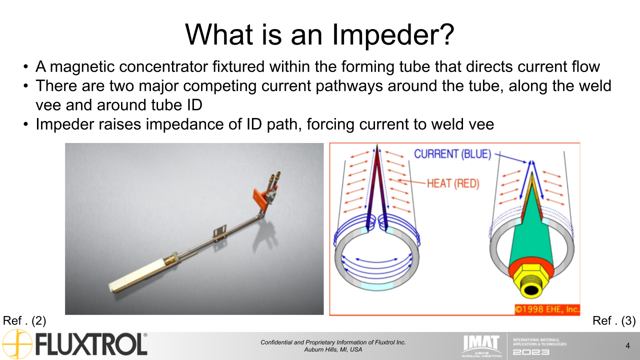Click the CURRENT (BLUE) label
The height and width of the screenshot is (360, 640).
click(x=452, y=154)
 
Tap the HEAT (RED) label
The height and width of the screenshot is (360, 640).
click(x=453, y=183)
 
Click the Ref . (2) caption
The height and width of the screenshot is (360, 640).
click(x=24, y=321)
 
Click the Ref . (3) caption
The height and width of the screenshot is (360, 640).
click(x=613, y=321)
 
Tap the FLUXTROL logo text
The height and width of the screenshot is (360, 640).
click(x=91, y=345)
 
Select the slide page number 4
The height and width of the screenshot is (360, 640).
click(x=627, y=345)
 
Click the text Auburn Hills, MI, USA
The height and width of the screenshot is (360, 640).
click(x=333, y=349)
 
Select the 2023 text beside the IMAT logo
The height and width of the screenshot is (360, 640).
click(x=531, y=352)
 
